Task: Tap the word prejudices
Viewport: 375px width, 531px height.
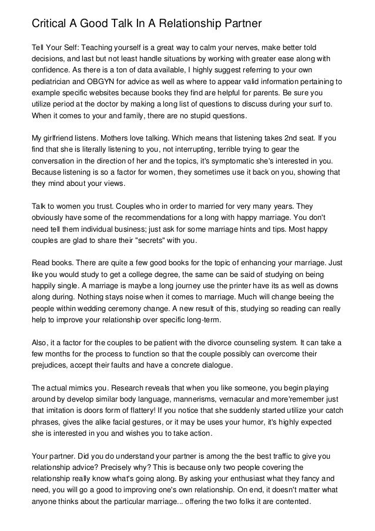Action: [51, 366]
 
